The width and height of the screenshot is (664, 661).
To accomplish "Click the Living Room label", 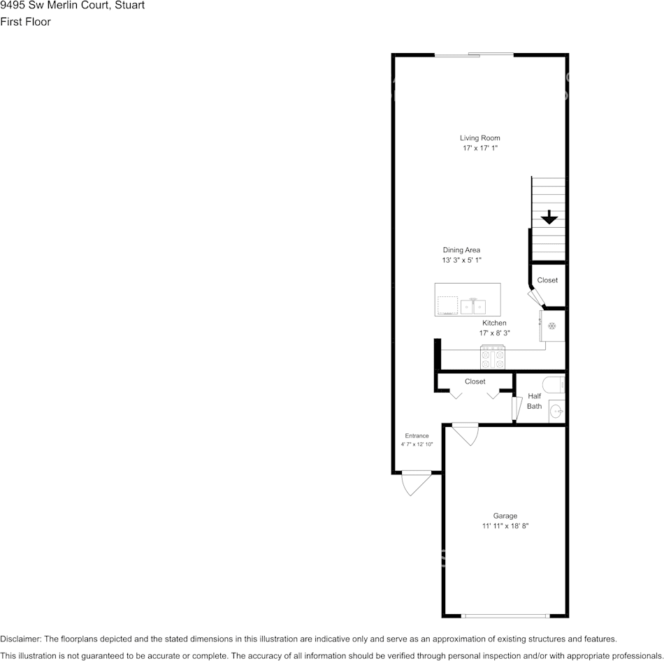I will tap(479, 138).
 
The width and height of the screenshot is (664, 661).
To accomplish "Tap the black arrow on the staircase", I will tap(549, 217).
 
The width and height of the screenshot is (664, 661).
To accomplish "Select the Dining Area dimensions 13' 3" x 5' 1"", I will tap(462, 260).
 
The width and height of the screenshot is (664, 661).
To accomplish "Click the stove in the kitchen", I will tap(493, 357).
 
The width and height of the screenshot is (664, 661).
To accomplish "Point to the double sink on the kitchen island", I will tap(474, 305).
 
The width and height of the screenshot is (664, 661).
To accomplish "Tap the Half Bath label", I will tap(534, 401).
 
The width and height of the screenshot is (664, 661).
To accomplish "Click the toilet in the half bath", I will tap(556, 384).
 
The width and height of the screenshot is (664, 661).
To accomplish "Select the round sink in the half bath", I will tap(556, 411).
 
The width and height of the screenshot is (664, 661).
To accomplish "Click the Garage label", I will tap(505, 516).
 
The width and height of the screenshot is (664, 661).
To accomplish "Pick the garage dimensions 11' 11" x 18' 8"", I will tap(505, 526).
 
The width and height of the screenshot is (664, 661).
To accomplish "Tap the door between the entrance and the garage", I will tap(465, 433).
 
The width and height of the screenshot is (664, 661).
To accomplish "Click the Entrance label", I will tap(417, 435).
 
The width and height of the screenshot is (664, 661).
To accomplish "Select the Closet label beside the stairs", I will tap(547, 280).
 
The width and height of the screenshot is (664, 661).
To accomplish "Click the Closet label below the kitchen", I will tap(475, 382).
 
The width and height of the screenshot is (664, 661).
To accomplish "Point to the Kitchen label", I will tap(494, 323).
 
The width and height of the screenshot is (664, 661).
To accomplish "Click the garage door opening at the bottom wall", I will tap(505, 616).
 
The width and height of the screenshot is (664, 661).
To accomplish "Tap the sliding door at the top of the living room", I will tap(474, 55).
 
